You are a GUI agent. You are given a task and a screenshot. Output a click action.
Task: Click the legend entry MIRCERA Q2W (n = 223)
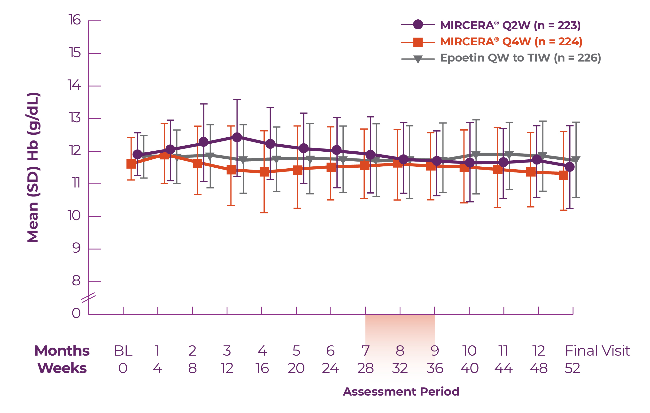pyautogui.click(x=510, y=25)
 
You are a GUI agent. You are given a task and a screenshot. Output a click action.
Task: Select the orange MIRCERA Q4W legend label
pyautogui.click(x=511, y=42)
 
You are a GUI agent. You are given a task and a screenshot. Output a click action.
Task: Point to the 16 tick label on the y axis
pyautogui.click(x=75, y=20)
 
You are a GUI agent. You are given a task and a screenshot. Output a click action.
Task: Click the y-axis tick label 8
pyautogui.click(x=76, y=281)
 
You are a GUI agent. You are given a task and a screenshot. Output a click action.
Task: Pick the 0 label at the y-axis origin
pyautogui.click(x=76, y=313)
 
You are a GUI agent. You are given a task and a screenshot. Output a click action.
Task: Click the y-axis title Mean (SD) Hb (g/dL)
pyautogui.click(x=33, y=167)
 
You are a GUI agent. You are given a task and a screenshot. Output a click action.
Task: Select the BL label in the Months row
pyautogui.click(x=123, y=351)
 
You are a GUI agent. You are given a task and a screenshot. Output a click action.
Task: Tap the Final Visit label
pyautogui.click(x=597, y=351)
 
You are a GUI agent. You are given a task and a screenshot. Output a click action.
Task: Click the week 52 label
pyautogui.click(x=572, y=368)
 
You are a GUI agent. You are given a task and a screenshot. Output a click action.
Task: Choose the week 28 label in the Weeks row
pyautogui.click(x=365, y=368)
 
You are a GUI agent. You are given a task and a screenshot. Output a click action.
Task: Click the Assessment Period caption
pyautogui.click(x=401, y=391)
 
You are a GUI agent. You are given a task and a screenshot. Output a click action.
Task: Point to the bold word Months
pyautogui.click(x=62, y=351)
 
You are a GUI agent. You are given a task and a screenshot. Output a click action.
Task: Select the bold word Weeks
pyautogui.click(x=62, y=368)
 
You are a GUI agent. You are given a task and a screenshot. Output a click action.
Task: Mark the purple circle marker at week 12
pyautogui.click(x=237, y=137)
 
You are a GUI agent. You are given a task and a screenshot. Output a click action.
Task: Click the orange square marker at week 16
pyautogui.click(x=264, y=172)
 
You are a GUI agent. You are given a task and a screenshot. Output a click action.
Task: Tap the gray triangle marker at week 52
pyautogui.click(x=576, y=160)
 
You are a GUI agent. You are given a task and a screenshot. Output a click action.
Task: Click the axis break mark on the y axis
pyautogui.click(x=89, y=297)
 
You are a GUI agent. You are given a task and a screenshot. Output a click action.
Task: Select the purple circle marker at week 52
pyautogui.click(x=570, y=167)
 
